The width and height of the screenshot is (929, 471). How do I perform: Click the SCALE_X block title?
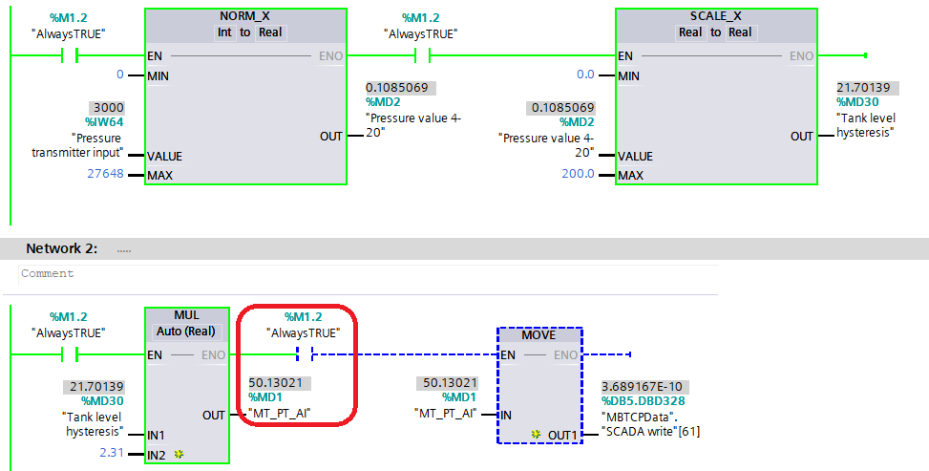click(x=715, y=17)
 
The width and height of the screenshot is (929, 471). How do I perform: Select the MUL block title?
click(x=186, y=315)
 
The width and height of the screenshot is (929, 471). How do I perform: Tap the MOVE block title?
click(x=538, y=335)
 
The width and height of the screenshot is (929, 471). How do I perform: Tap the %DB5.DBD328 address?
click(x=644, y=401)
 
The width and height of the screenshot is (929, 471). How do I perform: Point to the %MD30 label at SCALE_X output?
click(x=857, y=102)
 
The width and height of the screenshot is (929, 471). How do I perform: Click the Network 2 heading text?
click(x=61, y=248)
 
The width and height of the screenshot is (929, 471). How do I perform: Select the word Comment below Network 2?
click(x=47, y=273)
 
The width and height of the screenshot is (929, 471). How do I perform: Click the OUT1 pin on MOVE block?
click(x=562, y=435)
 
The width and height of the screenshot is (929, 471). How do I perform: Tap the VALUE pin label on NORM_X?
click(x=165, y=156)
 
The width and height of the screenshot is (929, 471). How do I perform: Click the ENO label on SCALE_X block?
click(x=800, y=56)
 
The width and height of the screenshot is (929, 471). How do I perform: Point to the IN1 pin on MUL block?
click(x=157, y=436)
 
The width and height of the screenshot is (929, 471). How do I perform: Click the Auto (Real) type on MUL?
click(x=186, y=332)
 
